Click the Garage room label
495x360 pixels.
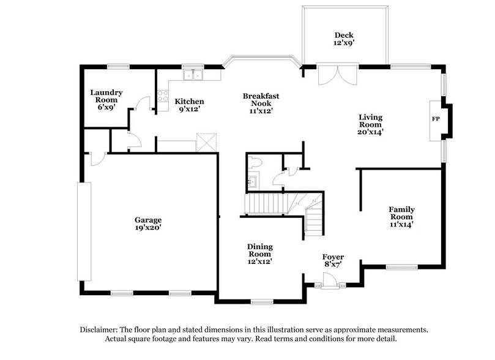click(x=149, y=223)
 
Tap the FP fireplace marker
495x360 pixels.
click(x=436, y=119)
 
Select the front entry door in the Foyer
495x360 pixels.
click(x=330, y=280)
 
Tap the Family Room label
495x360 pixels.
click(x=401, y=216)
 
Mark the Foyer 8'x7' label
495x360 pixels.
click(x=333, y=260)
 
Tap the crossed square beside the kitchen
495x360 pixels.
click(x=204, y=141)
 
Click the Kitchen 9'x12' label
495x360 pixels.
click(x=189, y=105)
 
